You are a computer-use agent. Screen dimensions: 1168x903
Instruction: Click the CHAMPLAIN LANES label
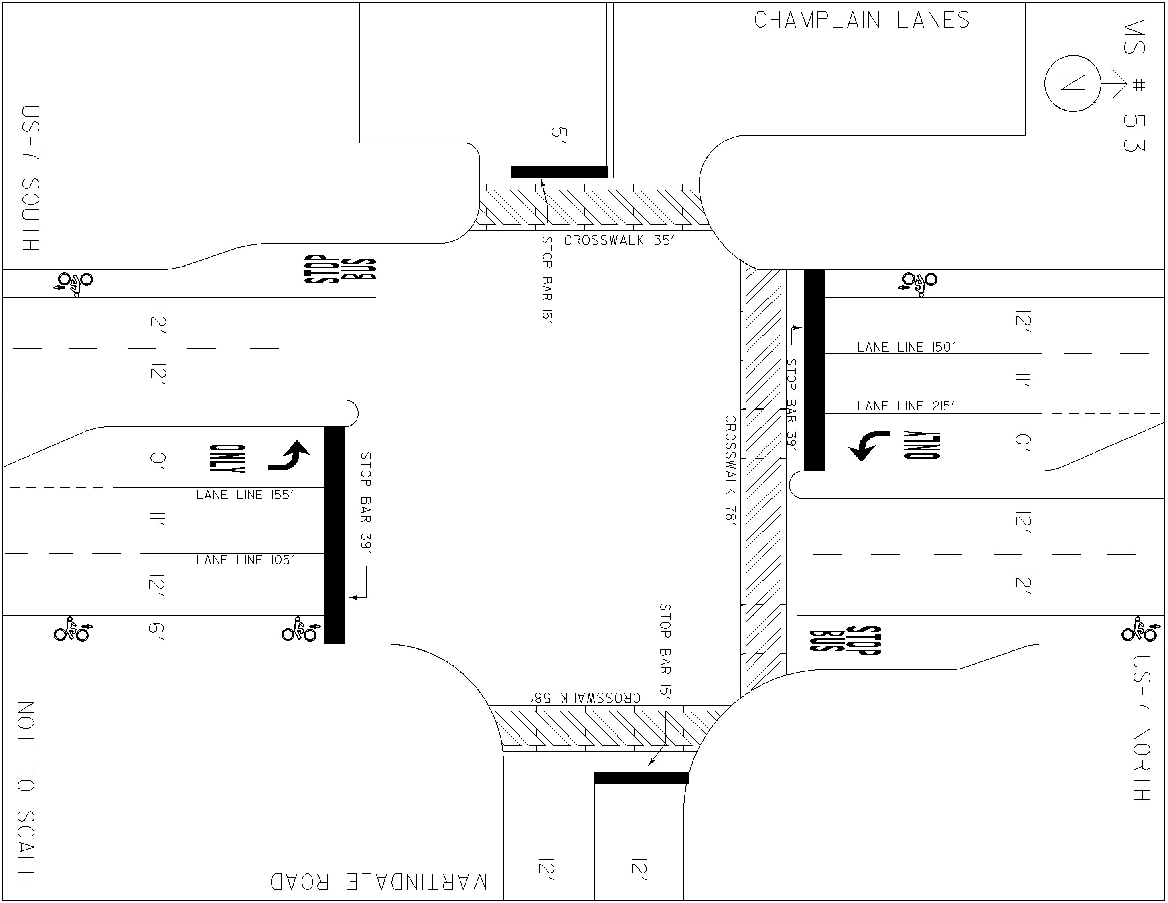pyautogui.click(x=862, y=20)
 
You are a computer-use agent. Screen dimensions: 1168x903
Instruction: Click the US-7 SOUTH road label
pyautogui.click(x=31, y=178)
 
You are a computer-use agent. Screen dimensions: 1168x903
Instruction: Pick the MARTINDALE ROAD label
pyautogui.click(x=379, y=882)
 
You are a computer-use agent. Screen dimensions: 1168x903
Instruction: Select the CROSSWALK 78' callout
pyautogui.click(x=730, y=471)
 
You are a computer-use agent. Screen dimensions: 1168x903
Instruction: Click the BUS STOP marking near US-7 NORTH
pyautogui.click(x=845, y=640)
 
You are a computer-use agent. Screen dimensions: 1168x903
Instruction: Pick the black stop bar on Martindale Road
pyautogui.click(x=641, y=778)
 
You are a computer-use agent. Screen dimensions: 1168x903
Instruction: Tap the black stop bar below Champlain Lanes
pyautogui.click(x=560, y=172)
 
